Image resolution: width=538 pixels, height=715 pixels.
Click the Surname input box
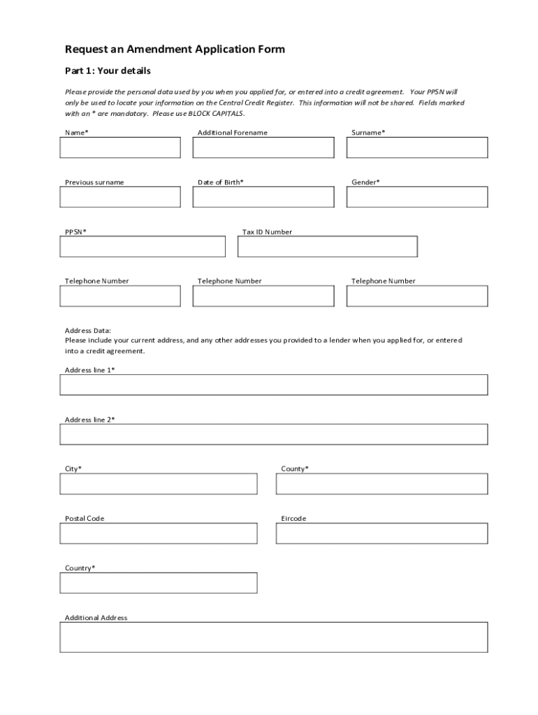417,147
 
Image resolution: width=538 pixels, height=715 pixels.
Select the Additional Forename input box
263,147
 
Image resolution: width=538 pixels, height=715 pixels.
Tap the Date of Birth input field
263,197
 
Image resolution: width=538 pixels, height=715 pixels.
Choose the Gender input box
417,197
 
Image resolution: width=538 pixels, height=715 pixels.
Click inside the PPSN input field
143,246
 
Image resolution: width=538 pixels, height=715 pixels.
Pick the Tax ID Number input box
328,246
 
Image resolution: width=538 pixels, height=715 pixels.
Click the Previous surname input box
120,197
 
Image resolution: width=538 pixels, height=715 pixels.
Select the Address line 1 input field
274,385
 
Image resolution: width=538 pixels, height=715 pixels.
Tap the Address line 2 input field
274,434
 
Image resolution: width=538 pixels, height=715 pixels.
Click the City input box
159,484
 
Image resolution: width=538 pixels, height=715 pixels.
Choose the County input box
381,484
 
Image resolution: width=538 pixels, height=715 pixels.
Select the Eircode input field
381,533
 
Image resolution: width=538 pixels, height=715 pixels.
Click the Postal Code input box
159,533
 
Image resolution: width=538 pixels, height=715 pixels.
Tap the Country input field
159,583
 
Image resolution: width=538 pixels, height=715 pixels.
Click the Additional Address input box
274,637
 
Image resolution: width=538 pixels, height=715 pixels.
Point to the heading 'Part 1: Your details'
108,71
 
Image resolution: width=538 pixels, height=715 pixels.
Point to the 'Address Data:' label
88,330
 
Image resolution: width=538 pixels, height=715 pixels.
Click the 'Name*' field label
77,133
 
